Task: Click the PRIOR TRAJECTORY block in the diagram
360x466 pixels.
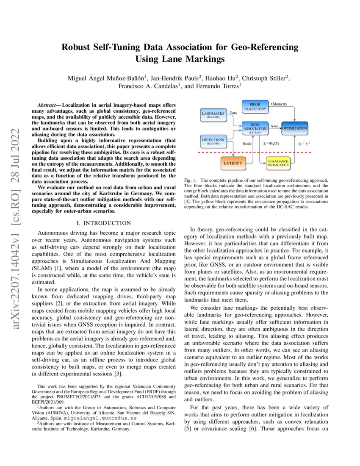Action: pos(255,107)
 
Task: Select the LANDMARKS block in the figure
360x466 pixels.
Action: pos(213,115)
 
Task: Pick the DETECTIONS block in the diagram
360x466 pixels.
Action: pos(213,141)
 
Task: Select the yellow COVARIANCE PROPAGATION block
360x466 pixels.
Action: pos(278,163)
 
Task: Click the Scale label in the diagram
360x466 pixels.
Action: pos(247,144)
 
